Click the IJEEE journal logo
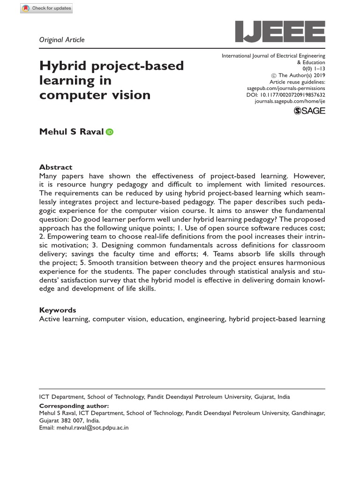[280, 31]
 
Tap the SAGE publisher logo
[309, 111]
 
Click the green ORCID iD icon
[110, 132]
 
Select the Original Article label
[62, 40]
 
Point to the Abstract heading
[56, 167]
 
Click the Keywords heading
[57, 310]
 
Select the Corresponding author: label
[74, 405]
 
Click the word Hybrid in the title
[62, 66]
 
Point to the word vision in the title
[127, 95]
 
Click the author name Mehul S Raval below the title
[72, 132]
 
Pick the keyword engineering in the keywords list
[206, 319]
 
